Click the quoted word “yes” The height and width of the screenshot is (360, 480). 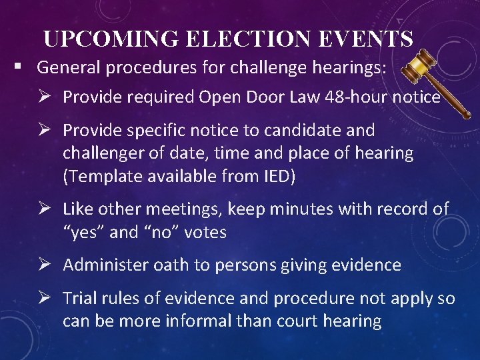tap(82, 232)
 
